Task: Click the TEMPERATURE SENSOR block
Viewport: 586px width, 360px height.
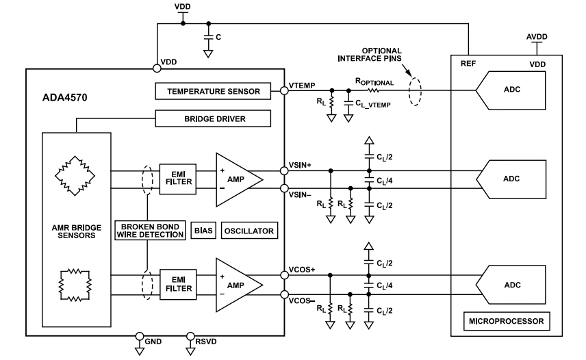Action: [x=214, y=90]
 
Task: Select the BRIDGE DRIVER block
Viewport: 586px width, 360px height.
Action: [x=214, y=120]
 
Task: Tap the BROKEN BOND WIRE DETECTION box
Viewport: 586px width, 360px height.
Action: [x=153, y=231]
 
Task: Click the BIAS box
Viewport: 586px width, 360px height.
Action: [x=204, y=231]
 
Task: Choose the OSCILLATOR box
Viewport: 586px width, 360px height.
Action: [x=250, y=231]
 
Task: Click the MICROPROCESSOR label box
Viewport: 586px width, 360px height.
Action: [x=505, y=320]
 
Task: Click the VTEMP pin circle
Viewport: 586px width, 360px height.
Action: [x=284, y=90]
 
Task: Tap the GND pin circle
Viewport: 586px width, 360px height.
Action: [x=140, y=336]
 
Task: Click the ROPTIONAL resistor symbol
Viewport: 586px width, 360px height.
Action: [x=374, y=90]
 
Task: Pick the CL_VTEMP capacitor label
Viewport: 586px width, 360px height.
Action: [x=373, y=105]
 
